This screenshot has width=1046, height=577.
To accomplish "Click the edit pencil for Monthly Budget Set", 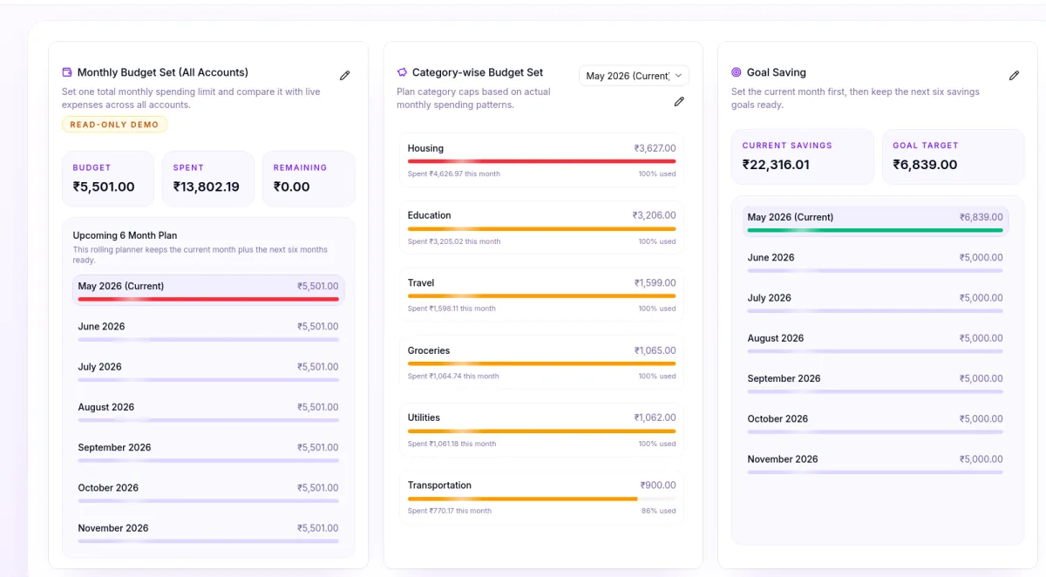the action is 344,75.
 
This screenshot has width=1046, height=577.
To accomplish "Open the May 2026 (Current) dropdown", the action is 634,76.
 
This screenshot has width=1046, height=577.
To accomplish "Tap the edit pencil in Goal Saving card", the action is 1014,75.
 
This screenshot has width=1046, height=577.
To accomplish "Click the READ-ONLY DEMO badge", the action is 114,125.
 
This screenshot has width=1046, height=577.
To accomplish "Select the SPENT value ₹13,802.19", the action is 206,187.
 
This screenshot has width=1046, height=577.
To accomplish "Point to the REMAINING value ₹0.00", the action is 291,187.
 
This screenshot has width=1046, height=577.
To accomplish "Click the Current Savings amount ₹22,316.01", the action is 776,165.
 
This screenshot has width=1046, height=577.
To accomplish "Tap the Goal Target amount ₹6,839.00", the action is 925,165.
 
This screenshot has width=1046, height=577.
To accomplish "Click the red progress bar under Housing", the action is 541,161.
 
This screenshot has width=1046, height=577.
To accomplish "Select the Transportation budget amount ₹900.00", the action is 658,485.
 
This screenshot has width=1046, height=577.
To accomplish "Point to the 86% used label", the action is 658,511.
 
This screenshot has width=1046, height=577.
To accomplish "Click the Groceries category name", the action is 429,350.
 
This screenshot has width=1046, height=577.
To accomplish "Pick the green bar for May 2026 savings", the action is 875,230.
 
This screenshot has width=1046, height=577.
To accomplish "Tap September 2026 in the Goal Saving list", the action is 784,378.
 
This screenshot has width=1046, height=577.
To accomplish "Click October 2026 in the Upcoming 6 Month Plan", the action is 108,488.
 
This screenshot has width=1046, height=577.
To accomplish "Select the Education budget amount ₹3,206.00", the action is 654,215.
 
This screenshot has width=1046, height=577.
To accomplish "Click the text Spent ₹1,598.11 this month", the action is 452,309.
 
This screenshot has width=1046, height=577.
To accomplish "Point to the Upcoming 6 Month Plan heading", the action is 125,235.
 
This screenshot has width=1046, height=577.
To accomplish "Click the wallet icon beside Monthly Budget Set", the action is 67,71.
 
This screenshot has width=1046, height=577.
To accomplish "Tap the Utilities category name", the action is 424,417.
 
